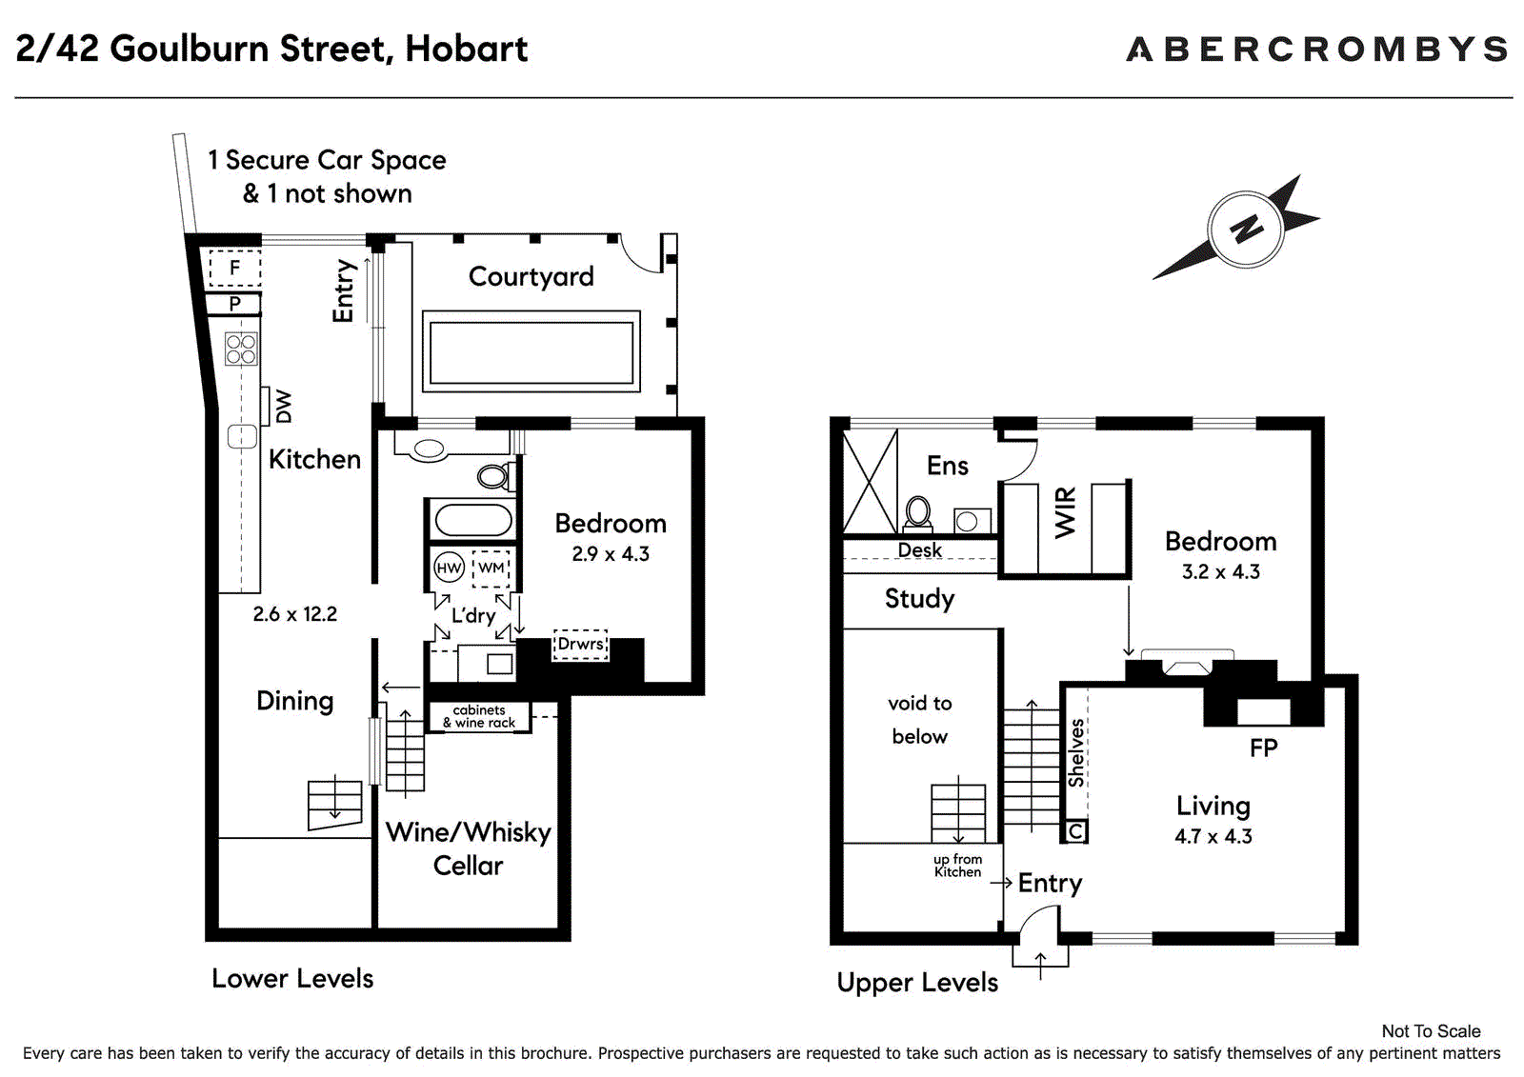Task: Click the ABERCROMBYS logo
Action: pyautogui.click(x=1316, y=49)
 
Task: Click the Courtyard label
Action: pyautogui.click(x=531, y=276)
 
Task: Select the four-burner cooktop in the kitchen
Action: pyautogui.click(x=241, y=349)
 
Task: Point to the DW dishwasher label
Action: pyautogui.click(x=284, y=407)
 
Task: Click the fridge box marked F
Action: pyautogui.click(x=234, y=268)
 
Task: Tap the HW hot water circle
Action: pyautogui.click(x=449, y=568)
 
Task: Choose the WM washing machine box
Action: pyautogui.click(x=491, y=568)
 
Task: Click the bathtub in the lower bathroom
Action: pyautogui.click(x=472, y=521)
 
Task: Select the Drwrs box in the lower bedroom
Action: pyautogui.click(x=580, y=644)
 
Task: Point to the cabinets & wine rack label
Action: pyautogui.click(x=479, y=716)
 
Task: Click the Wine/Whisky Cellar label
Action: pyautogui.click(x=468, y=848)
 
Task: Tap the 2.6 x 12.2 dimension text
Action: pyautogui.click(x=294, y=613)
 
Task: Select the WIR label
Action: pyautogui.click(x=1066, y=513)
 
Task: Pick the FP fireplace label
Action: pyautogui.click(x=1263, y=748)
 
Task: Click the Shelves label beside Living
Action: pyautogui.click(x=1075, y=754)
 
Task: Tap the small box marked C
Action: pyautogui.click(x=1075, y=831)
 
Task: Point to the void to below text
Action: pyautogui.click(x=920, y=720)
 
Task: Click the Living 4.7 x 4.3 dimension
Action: pyautogui.click(x=1213, y=836)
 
